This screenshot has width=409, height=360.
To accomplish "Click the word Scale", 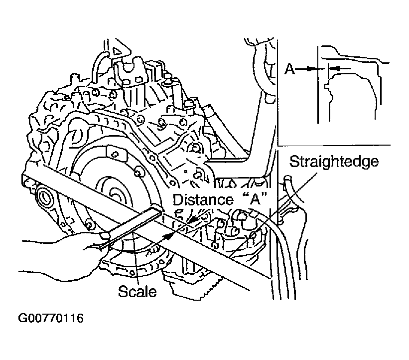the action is click(x=137, y=291).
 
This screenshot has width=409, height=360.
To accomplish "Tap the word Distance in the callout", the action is click(x=203, y=200).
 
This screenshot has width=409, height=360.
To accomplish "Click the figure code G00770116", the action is click(x=51, y=318).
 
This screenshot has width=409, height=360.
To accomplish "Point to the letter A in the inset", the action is click(x=289, y=69).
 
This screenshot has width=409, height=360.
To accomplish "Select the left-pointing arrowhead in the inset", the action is click(x=334, y=69).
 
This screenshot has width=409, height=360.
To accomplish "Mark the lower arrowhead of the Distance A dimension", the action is click(x=168, y=236).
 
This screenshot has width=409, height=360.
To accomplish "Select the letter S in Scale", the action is click(x=123, y=291).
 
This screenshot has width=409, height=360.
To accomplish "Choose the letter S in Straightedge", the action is click(x=294, y=162).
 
